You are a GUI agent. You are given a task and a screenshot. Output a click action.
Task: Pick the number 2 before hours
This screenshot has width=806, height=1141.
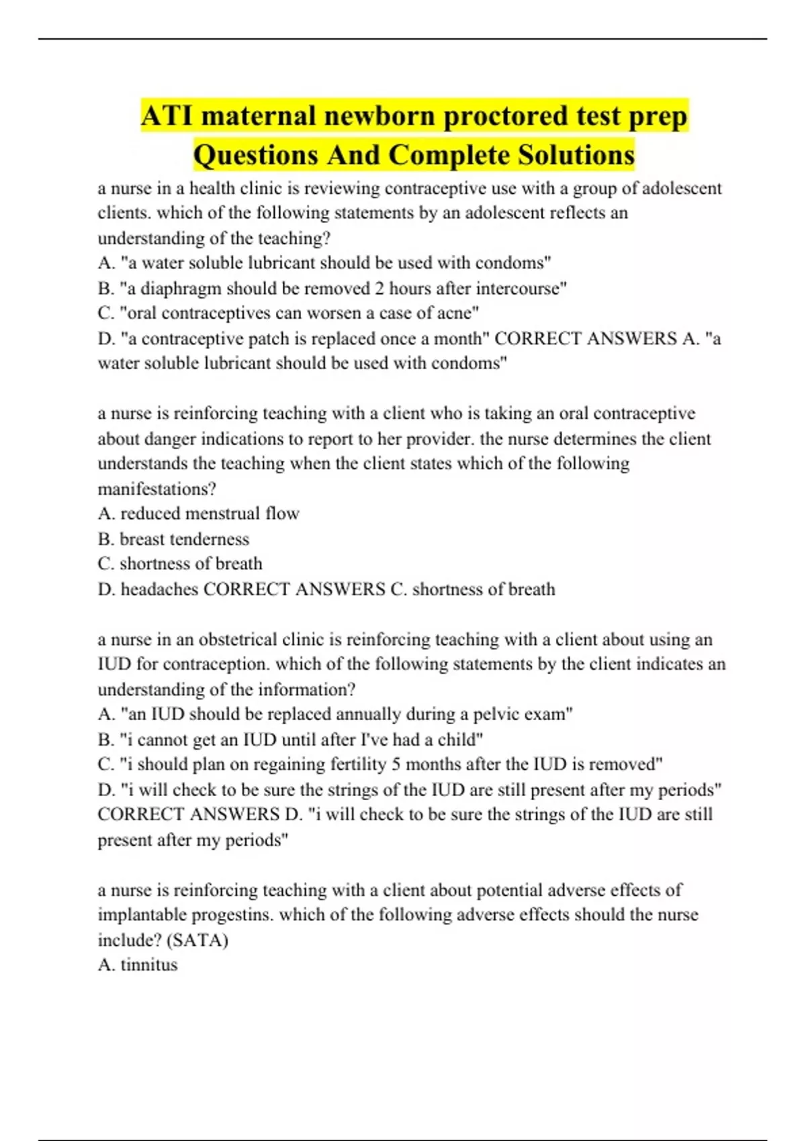[379, 288]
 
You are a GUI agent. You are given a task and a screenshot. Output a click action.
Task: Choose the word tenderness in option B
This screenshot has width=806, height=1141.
[209, 539]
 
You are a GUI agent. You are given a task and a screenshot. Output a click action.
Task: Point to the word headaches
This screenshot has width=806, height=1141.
[159, 589]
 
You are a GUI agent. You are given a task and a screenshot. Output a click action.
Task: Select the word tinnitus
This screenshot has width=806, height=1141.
[148, 964]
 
